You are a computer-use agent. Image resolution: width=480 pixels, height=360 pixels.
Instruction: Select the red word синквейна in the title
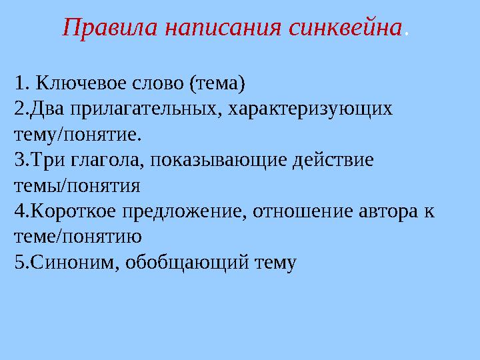pos(347,27)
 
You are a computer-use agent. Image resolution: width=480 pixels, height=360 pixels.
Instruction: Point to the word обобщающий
pos(183,261)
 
